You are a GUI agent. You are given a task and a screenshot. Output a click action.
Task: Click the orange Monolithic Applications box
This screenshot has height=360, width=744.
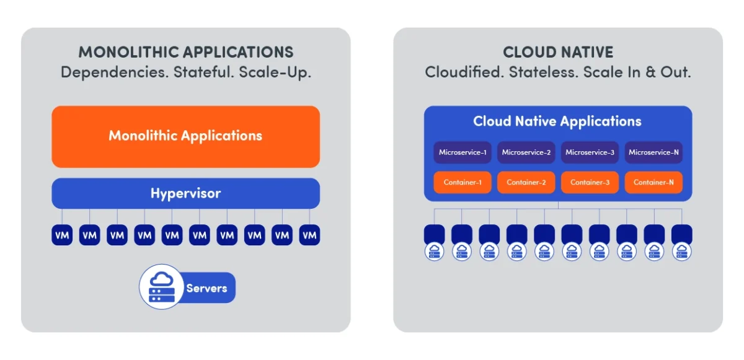coord(185,136)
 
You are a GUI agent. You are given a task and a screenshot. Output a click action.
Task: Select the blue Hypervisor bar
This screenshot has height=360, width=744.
coord(185,193)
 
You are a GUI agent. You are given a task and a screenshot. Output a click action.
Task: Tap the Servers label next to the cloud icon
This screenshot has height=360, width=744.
coord(206,288)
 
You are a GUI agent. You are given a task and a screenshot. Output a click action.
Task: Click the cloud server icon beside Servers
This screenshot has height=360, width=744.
coord(160,286)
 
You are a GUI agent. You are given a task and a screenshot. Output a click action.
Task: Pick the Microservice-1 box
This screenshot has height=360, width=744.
coord(462,152)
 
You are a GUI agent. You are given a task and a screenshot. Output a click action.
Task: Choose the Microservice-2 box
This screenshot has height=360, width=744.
coord(526,152)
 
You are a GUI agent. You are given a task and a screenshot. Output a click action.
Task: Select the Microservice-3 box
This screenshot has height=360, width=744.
coord(590,152)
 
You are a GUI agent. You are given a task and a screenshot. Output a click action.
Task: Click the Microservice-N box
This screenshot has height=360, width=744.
coord(653,152)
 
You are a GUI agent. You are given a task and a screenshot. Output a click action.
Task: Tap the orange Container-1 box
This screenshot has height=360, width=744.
coord(462,182)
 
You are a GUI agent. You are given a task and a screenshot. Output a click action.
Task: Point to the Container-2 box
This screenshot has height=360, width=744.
coord(526,182)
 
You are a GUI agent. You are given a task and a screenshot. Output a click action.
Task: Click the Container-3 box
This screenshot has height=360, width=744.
coord(590,182)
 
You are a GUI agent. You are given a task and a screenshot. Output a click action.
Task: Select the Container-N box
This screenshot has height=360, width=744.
coord(653,182)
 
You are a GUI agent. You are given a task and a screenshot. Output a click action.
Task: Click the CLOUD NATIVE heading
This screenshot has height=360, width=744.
coord(557,53)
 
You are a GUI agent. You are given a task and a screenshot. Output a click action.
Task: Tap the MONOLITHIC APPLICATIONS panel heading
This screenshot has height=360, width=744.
coord(185,52)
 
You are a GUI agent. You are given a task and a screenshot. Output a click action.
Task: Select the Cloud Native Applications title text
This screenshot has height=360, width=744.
coord(557,121)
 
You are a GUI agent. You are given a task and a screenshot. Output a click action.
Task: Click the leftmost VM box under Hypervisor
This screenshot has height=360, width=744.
coord(62,235)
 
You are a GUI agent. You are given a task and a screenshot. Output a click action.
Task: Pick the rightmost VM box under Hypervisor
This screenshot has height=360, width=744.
coord(309,235)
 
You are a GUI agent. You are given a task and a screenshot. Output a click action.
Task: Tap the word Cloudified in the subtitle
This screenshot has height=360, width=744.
coord(464,72)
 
